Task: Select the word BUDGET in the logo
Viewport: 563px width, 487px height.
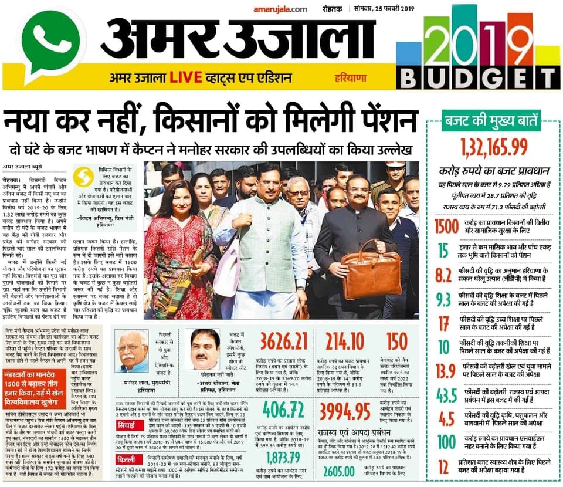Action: [x=477, y=77]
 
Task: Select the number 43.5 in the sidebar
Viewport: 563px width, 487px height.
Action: [x=444, y=398]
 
